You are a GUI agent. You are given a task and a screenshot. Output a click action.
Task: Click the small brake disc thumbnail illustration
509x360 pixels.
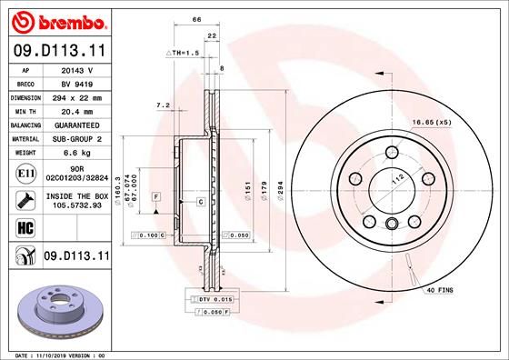tap(54, 309)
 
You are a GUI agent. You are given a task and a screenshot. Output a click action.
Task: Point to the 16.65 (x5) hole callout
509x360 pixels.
tap(431, 122)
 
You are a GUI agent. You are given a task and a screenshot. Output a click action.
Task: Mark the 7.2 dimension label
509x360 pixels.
tap(164, 105)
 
